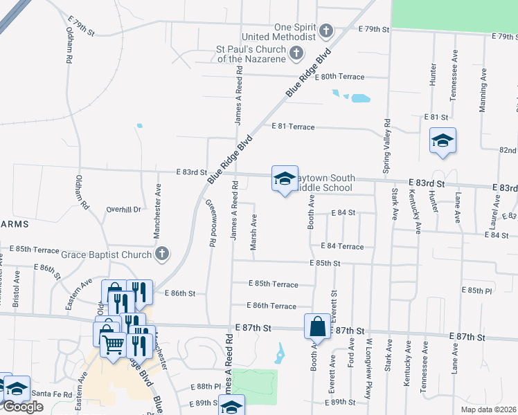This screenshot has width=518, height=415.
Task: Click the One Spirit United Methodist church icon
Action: pyautogui.click(x=325, y=31)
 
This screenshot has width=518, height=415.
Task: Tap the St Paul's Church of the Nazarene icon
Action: pyautogui.click(x=296, y=53)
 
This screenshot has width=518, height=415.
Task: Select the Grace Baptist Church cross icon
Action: pyautogui.click(x=162, y=254)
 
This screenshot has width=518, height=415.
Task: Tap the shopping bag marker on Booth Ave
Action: pyautogui.click(x=317, y=325)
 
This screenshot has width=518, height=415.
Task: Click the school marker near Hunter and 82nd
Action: pyautogui.click(x=443, y=141)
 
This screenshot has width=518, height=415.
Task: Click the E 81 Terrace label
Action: pyautogui.click(x=294, y=127)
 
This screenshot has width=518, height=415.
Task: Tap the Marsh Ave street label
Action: pyautogui.click(x=254, y=232)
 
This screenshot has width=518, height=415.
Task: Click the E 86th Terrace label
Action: pyautogui.click(x=271, y=306)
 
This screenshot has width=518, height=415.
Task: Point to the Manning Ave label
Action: pyautogui.click(x=483, y=89)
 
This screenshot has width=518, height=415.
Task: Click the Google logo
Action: pyautogui.click(x=23, y=407)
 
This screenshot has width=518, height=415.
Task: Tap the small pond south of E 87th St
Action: pyautogui.click(x=279, y=353)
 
